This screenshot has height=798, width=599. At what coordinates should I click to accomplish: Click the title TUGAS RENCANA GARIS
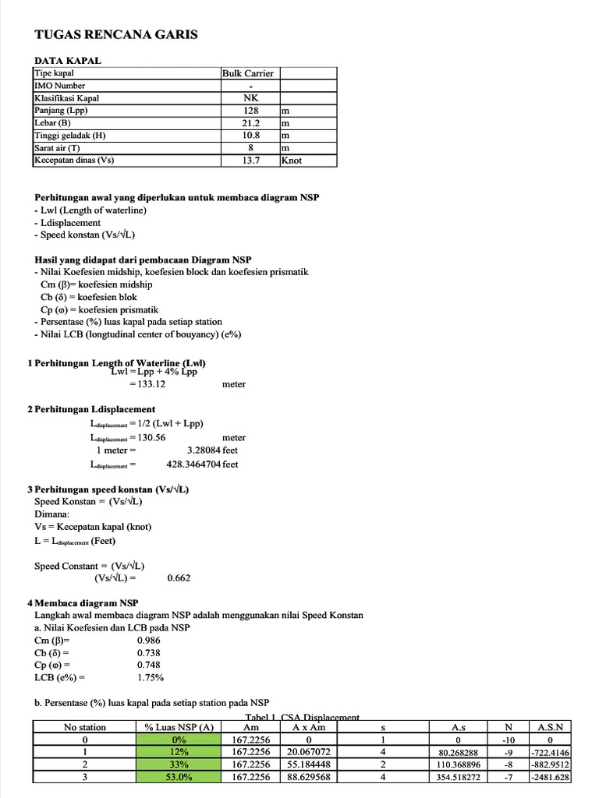point(116,34)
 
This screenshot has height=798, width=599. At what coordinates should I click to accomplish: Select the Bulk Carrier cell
point(247,73)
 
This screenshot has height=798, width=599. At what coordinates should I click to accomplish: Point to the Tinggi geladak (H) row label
point(70,136)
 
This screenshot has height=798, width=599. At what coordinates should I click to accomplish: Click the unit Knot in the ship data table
point(292,161)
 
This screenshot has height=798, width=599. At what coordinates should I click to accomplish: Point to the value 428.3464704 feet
point(203,464)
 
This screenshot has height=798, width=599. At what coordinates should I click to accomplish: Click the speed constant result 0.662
point(179,578)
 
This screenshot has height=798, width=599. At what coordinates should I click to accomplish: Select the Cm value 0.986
point(149,639)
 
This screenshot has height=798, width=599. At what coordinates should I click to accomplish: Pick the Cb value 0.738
point(149,652)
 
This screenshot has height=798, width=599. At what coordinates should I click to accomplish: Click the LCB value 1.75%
point(150,677)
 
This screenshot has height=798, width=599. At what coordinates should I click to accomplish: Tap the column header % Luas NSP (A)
point(179,727)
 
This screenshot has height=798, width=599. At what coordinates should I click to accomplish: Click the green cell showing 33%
point(180,764)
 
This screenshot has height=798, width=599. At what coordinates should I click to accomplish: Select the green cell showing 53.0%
point(180,777)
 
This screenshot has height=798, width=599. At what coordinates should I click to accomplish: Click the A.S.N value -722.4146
point(551,752)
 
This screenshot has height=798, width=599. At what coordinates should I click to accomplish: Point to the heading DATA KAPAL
point(67,61)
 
